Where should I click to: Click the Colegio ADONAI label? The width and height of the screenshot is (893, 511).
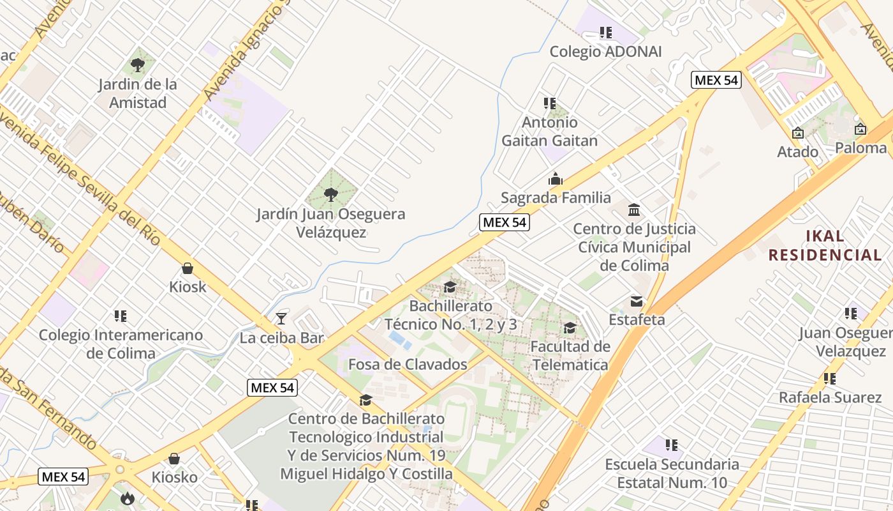tap(605, 51)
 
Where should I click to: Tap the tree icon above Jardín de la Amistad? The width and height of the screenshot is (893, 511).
tap(137, 64)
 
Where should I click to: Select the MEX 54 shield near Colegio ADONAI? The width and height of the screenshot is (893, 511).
tap(716, 80)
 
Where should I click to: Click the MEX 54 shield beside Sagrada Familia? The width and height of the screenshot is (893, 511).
tap(504, 222)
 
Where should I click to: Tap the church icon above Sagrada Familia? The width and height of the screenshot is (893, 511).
tap(556, 179)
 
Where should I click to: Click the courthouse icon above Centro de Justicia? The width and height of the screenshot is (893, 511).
tap(634, 210)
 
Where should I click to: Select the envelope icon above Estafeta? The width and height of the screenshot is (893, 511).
tap(637, 301)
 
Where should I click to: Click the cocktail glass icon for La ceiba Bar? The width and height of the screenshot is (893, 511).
tap(281, 318)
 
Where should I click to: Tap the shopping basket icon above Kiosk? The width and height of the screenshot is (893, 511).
tap(188, 268)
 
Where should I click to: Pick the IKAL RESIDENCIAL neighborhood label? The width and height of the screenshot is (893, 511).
tap(825, 245)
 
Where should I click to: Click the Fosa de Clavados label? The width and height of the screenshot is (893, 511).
tap(408, 364)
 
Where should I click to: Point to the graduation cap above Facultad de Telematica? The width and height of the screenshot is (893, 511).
tap(570, 328)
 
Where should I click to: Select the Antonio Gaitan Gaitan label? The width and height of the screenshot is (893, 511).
tap(550, 131)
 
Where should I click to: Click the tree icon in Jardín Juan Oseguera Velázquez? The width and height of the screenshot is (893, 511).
tap(330, 194)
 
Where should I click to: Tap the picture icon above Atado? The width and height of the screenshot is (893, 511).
tap(797, 133)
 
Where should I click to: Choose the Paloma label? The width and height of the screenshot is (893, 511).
tap(860, 148)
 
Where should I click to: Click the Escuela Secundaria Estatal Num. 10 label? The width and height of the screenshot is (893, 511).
tap(672, 473)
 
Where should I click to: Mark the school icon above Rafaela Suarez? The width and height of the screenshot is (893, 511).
tap(830, 378)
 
